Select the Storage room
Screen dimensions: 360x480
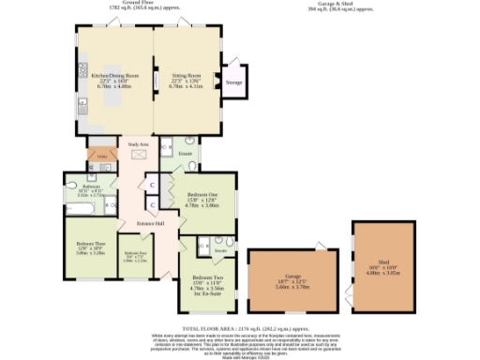pyautogui.click(x=233, y=82)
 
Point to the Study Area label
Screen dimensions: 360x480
pyautogui.click(x=140, y=145)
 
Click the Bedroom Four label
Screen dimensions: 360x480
pyautogui.click(x=136, y=254)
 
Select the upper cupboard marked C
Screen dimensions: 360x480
pyautogui.click(x=151, y=185)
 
